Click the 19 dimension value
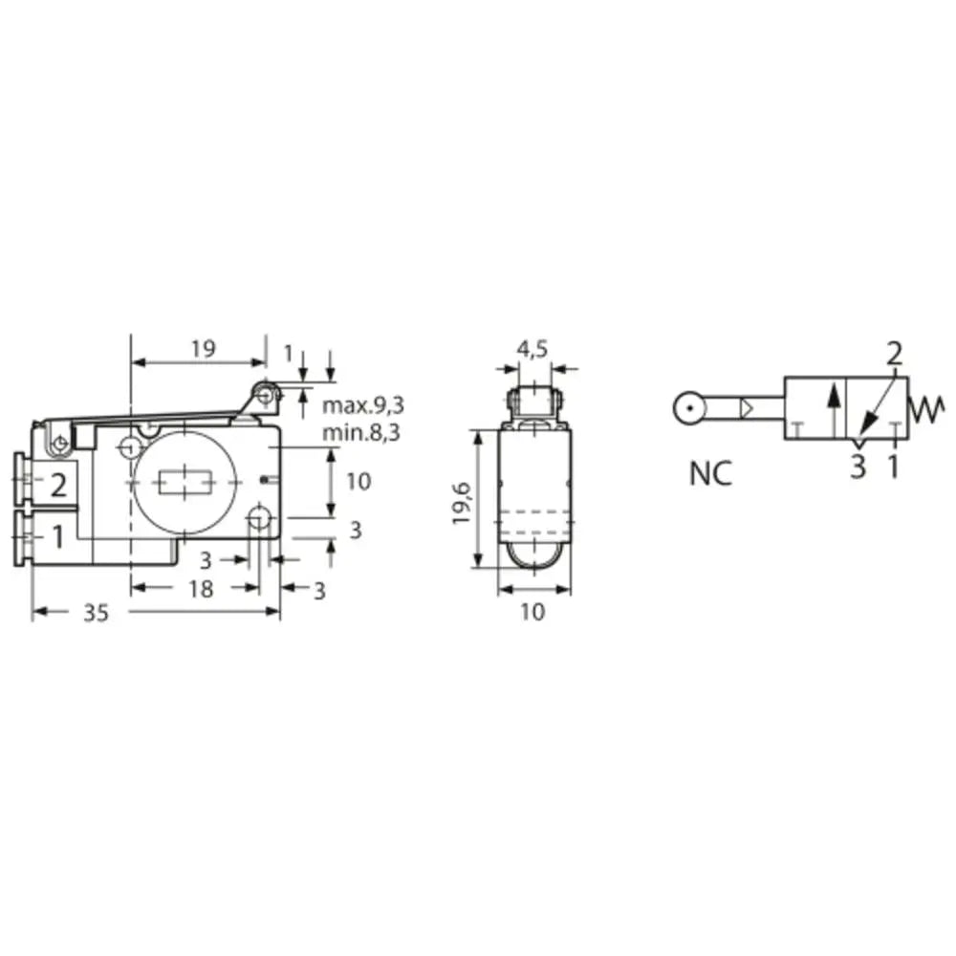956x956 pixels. [x=202, y=348]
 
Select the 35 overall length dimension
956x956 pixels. [x=95, y=613]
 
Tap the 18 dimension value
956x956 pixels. [x=200, y=590]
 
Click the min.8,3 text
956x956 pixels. [x=360, y=433]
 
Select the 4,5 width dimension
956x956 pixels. [x=532, y=349]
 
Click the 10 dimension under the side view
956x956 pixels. [x=532, y=613]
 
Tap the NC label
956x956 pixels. [x=710, y=472]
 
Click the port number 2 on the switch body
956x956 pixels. [x=58, y=485]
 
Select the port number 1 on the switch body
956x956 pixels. [x=57, y=537]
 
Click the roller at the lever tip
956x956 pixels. [x=265, y=393]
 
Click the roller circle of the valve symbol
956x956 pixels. [x=688, y=409]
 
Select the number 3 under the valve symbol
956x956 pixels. [x=858, y=467]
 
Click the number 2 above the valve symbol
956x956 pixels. [x=894, y=355]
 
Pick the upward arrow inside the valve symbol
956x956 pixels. [x=834, y=408]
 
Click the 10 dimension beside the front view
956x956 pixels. [x=357, y=481]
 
